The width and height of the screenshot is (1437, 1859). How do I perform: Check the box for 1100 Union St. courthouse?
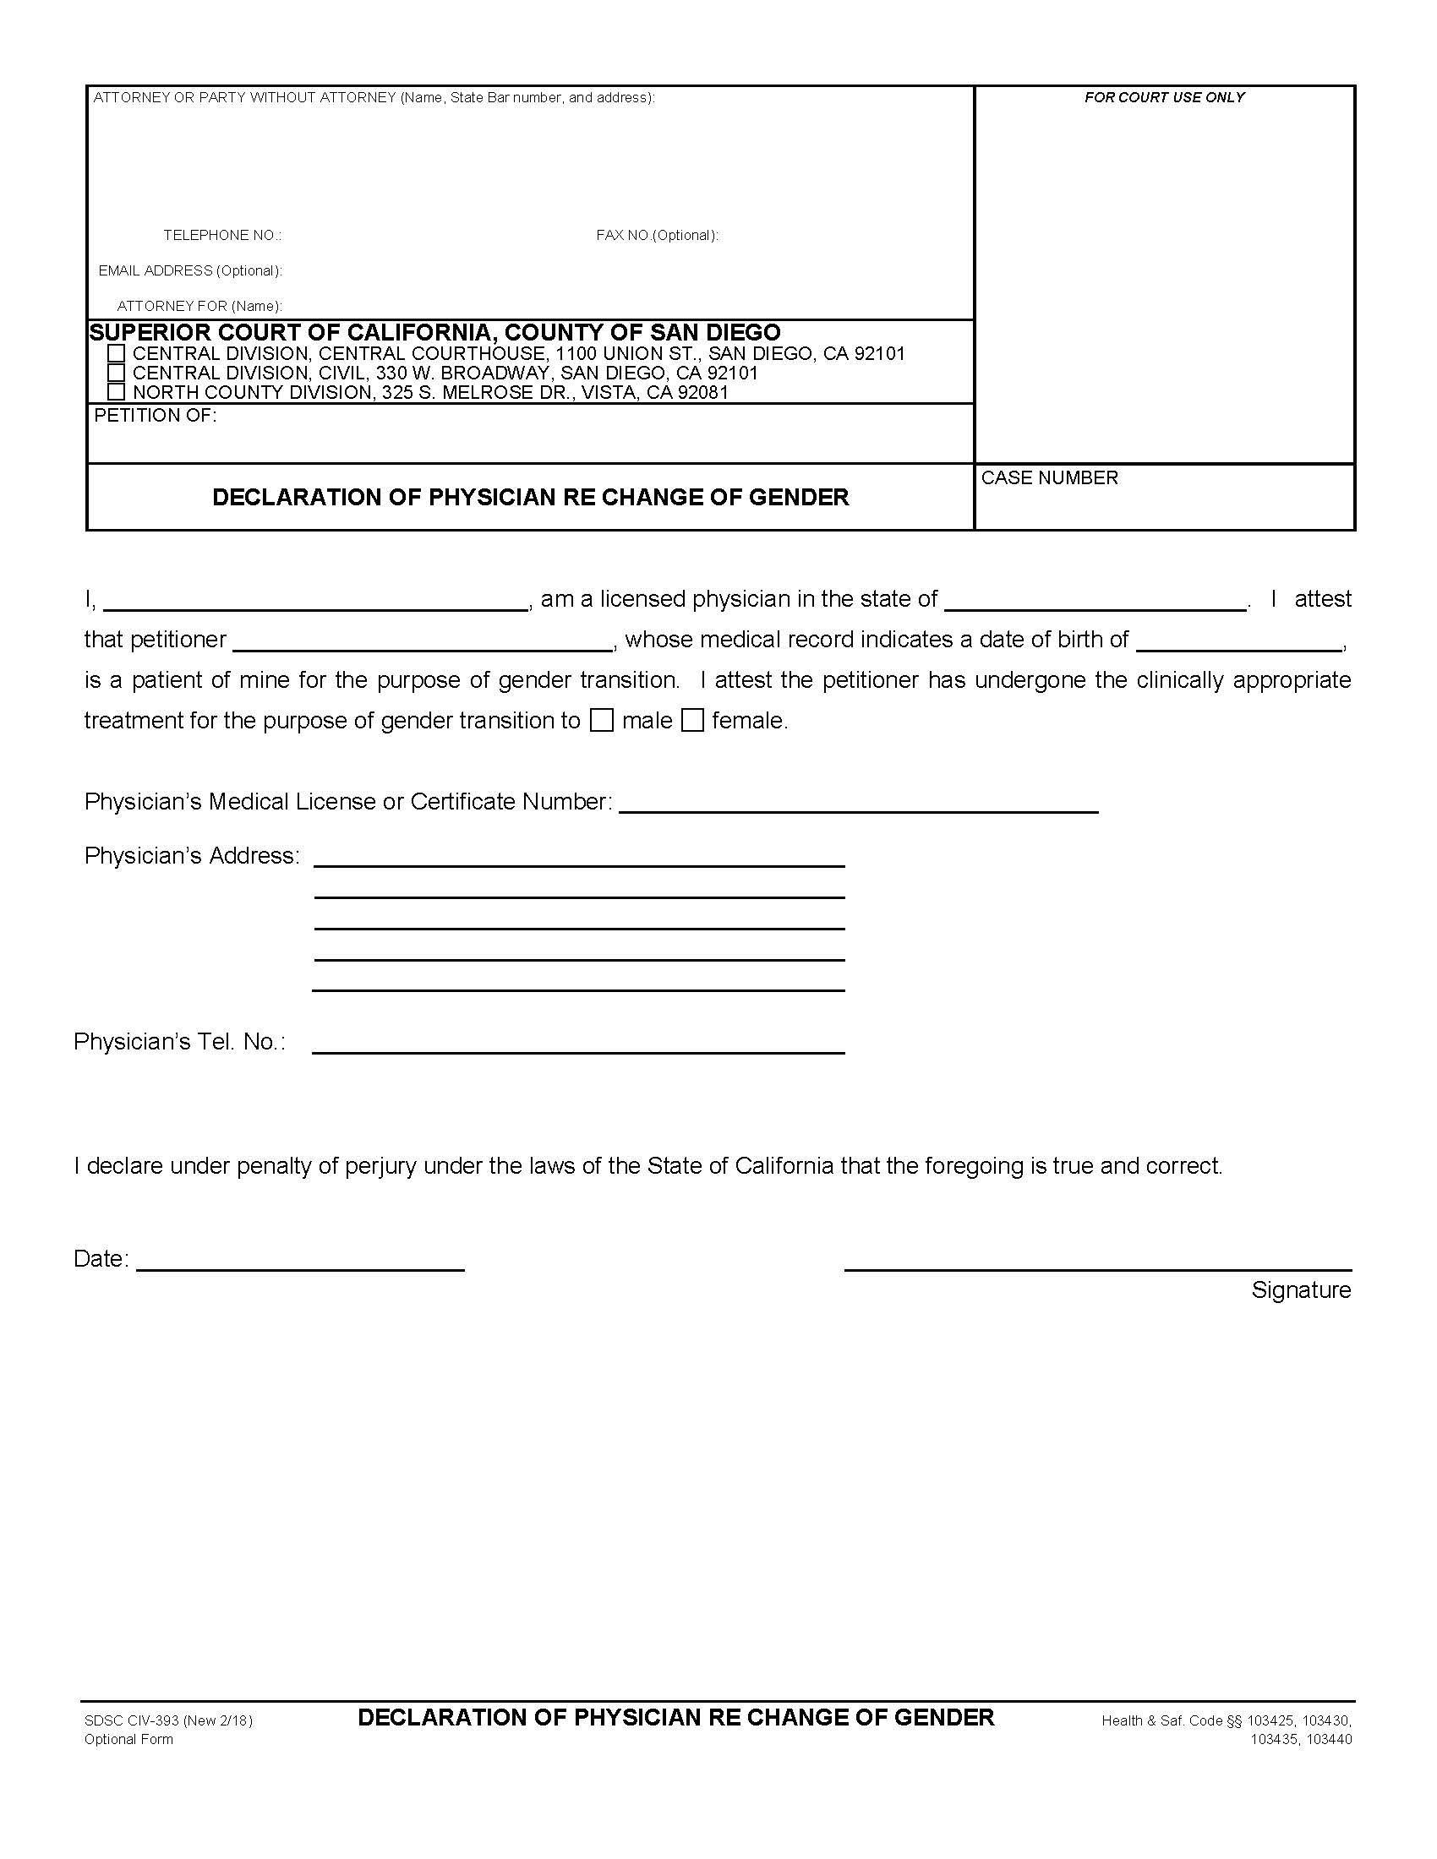(117, 352)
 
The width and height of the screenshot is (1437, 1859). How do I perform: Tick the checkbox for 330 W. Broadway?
(117, 372)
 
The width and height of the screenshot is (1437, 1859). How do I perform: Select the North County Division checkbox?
(117, 391)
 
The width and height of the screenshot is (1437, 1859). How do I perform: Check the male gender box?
(602, 721)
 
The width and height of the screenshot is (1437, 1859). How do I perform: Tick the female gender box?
(693, 721)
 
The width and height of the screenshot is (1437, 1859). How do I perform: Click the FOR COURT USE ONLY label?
(1163, 98)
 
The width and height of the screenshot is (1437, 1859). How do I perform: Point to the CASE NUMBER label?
(1049, 477)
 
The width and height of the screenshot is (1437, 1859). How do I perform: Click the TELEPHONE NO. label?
(222, 235)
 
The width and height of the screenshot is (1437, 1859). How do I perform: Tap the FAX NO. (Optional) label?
(656, 235)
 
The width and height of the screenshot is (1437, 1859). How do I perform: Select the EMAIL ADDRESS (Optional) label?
(190, 270)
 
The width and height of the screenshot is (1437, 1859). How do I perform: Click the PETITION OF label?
(155, 416)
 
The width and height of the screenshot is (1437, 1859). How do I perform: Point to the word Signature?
(1300, 1290)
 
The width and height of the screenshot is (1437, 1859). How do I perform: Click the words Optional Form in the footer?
(128, 1739)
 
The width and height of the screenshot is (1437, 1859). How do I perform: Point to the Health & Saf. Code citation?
(1226, 1721)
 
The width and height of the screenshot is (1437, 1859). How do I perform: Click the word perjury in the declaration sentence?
(380, 1165)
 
